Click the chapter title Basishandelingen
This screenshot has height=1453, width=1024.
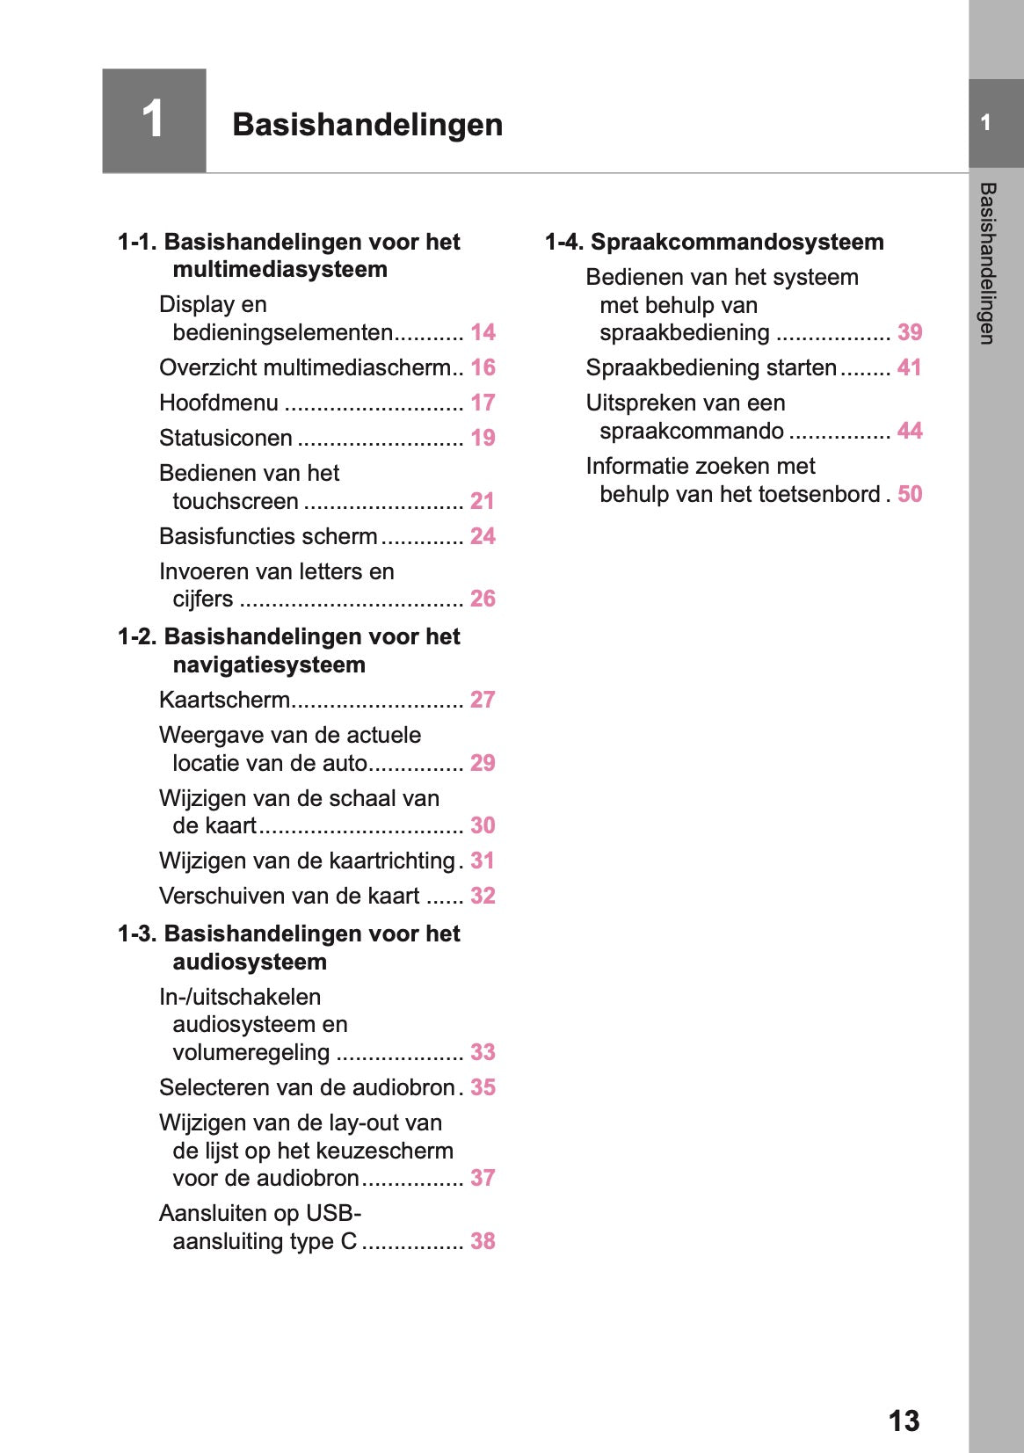pos(367,125)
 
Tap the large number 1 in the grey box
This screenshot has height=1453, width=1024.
pos(153,120)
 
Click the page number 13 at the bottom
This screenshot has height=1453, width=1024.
pos(904,1420)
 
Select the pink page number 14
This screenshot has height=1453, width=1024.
pos(483,332)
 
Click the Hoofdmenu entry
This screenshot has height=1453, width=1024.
pos(219,403)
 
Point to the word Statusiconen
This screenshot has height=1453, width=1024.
pos(226,438)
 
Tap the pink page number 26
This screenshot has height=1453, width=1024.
pos(483,599)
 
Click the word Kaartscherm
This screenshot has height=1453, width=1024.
pos(224,700)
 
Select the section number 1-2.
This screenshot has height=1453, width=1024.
pos(138,636)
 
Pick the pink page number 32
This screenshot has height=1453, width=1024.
pos(483,896)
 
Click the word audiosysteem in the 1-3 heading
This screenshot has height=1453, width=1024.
pos(250,962)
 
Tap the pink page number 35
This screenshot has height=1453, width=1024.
pos(483,1087)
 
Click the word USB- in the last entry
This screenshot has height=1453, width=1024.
pos(333,1213)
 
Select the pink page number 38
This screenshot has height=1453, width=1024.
pos(483,1241)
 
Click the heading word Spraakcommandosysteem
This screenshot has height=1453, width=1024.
pos(737,242)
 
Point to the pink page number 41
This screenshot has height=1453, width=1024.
pos(910,367)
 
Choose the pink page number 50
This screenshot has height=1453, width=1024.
pos(910,494)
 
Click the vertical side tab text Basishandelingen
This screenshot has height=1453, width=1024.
pos(987,264)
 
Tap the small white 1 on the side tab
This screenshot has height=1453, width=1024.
pos(986,123)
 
